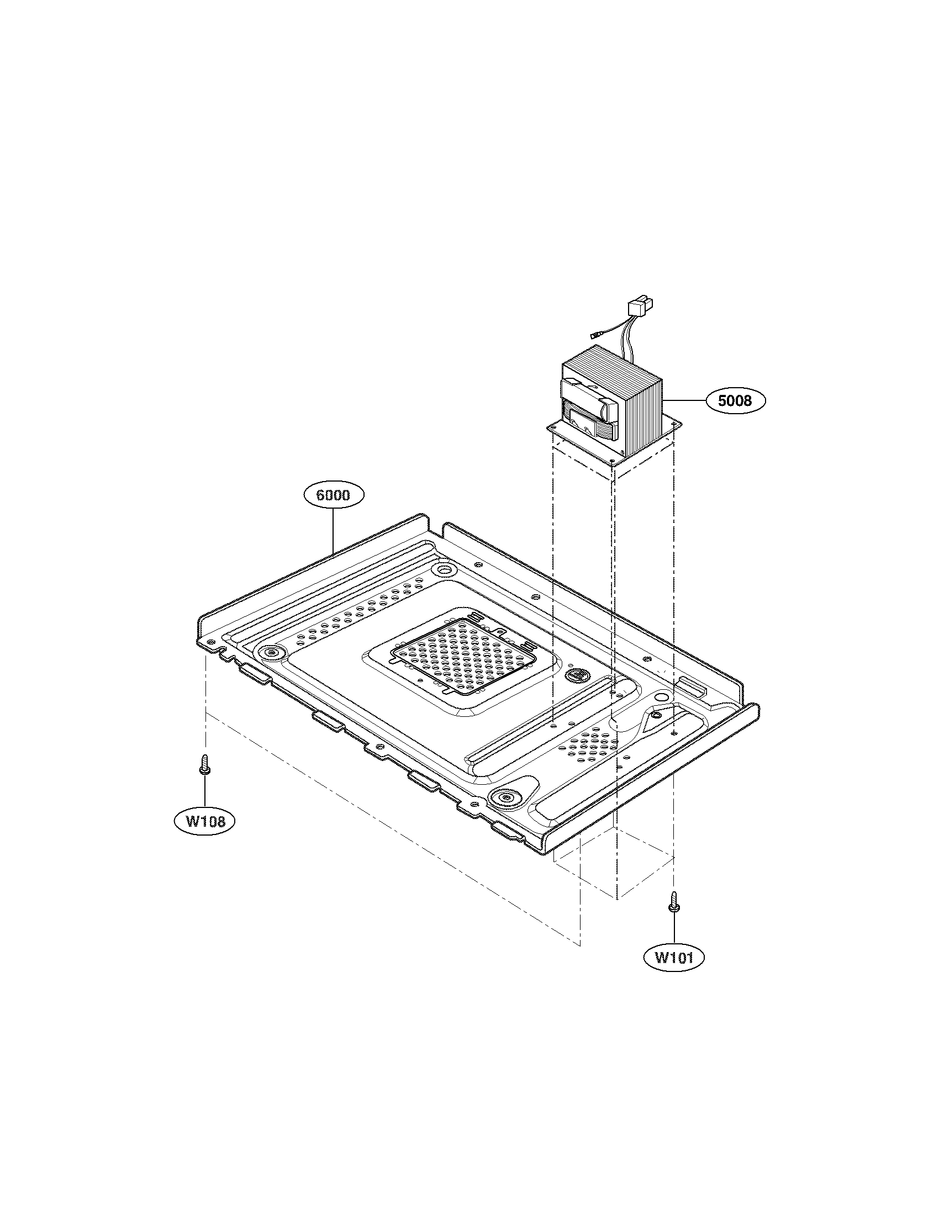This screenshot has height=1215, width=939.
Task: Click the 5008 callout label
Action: coord(735,400)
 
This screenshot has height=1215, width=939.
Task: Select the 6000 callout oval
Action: coord(333,495)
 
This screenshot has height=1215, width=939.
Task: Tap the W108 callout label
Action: coord(205,821)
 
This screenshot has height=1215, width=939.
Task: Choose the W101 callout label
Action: coord(674,957)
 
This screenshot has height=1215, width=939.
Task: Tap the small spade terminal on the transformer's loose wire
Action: coord(595,336)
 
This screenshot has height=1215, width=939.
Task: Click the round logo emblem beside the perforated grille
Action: coord(573,677)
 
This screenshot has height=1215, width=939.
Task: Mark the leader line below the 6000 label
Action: coord(333,531)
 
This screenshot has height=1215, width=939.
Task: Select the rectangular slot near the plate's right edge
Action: coord(692,686)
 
